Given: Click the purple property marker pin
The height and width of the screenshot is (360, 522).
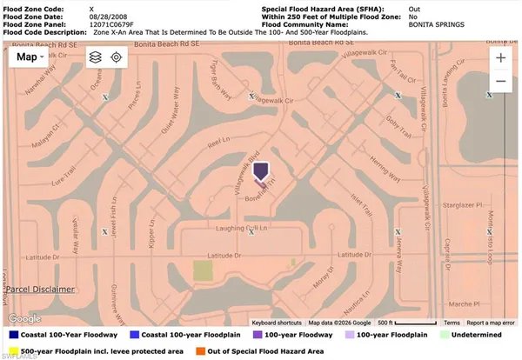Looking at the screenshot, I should [x=261, y=171].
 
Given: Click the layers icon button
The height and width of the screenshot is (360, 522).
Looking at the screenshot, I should [x=95, y=57].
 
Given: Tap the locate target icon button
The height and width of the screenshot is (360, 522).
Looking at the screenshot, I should [x=117, y=57].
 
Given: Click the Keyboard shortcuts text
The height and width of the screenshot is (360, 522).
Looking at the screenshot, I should [x=270, y=323].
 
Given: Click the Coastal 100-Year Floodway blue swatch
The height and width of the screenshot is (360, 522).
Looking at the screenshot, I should [x=13, y=334].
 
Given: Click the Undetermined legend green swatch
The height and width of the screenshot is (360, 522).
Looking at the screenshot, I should [x=445, y=334].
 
